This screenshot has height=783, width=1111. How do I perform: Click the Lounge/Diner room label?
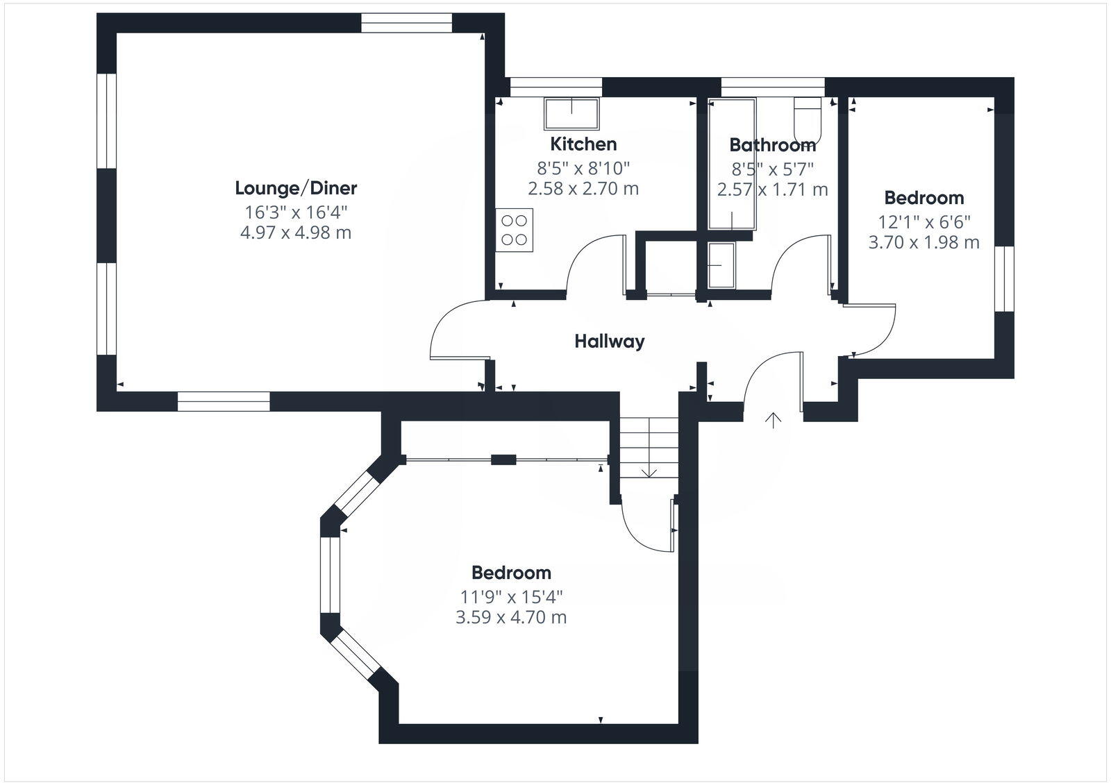point(296,188)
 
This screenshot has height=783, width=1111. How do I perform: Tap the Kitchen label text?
point(583,144)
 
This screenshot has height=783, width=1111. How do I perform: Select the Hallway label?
point(609,342)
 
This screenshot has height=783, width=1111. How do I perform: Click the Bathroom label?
point(772,146)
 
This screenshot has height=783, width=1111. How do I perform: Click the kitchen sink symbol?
point(571,114)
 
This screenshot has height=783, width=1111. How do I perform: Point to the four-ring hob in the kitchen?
point(515,230)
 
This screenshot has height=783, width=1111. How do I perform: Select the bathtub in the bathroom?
point(732,164)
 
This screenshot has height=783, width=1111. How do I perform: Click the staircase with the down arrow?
point(649,448)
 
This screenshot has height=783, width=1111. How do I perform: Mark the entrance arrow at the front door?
point(773,420)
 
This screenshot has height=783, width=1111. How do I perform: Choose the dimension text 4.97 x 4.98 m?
point(296,233)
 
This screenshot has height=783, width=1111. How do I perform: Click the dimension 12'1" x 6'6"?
point(924,222)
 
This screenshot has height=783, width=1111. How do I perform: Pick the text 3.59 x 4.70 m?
point(511,617)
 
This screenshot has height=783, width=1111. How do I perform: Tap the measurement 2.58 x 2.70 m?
point(583,189)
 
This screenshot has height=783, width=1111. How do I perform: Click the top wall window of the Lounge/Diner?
point(406,24)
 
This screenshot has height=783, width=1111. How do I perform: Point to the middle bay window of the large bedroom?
point(329,575)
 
